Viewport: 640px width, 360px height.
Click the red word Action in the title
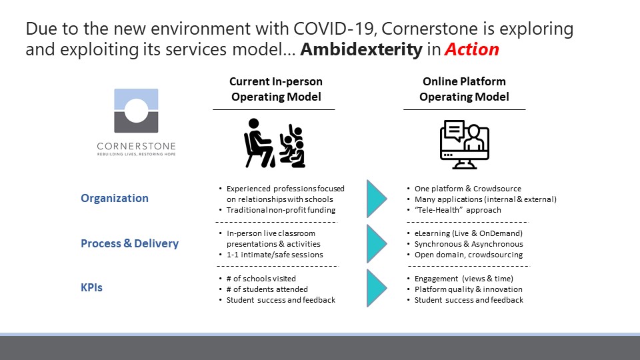472,49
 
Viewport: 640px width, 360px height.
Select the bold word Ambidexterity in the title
361,49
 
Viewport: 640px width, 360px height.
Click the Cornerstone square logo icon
136,111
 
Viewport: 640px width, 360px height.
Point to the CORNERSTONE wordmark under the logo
136,146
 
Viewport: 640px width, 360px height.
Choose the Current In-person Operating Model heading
276,89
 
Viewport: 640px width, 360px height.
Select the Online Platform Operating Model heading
464,89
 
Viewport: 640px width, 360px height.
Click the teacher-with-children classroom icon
274,143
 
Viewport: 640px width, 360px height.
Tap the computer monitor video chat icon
465,145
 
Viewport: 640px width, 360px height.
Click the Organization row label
115,198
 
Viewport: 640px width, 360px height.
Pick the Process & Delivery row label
130,243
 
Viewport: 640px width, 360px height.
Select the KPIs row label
91,287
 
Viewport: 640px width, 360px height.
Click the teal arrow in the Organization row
377,199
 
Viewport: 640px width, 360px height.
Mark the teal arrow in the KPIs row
377,288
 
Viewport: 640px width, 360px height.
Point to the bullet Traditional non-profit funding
281,210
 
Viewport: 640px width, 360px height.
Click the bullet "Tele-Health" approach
457,210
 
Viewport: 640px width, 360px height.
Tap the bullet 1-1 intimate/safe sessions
275,255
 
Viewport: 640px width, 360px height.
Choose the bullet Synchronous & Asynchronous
469,244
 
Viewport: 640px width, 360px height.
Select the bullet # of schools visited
261,279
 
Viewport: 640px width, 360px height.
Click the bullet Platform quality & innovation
469,289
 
